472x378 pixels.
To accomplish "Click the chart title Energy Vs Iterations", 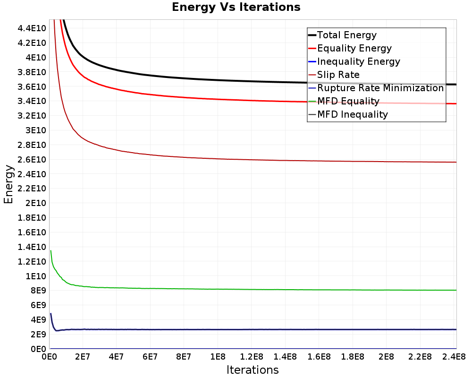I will [236, 7].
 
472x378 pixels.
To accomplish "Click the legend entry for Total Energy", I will [346, 35].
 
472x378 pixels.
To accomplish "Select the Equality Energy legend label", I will [354, 48].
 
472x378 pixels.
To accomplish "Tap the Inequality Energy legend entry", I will [358, 61].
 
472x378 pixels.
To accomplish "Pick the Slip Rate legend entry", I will [338, 75].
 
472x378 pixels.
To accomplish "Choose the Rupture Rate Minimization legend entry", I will [380, 88].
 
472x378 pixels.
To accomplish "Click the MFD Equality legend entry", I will [348, 101].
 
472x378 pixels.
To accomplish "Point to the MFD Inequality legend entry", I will [352, 114].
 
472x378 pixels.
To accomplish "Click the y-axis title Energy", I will [8, 184].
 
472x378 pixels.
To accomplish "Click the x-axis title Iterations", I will [253, 369].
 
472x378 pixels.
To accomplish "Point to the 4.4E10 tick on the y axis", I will [32, 28].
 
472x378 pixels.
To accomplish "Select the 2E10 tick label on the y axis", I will [35, 203].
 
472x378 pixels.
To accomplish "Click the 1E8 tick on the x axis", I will [218, 356].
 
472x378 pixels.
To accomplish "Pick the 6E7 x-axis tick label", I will [150, 356].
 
